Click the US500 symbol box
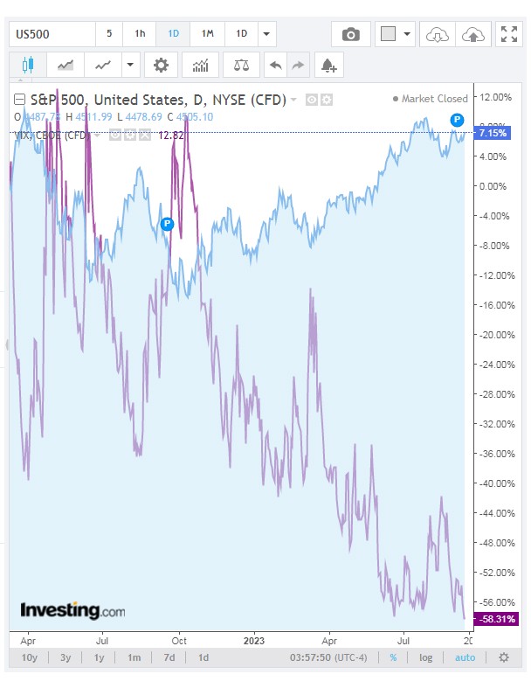tap(51, 34)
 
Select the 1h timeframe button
tap(140, 34)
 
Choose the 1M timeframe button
tap(207, 34)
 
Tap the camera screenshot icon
tap(350, 34)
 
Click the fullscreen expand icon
tap(508, 34)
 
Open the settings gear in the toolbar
tap(161, 65)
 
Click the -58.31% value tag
tap(493, 618)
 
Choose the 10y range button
tap(29, 657)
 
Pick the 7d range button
tap(169, 657)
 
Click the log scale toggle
tap(425, 657)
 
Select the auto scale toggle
tap(465, 657)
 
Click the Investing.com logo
tap(72, 610)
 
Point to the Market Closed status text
tap(434, 99)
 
